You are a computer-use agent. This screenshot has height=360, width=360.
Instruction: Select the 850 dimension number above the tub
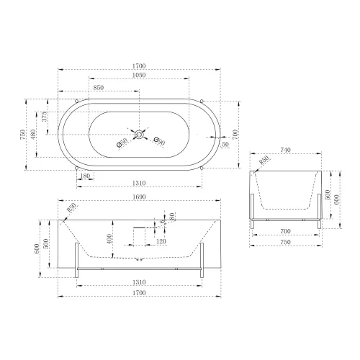point(99,89)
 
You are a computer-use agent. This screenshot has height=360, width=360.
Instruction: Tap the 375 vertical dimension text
point(45,117)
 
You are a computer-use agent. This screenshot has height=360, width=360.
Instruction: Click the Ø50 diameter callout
point(122,144)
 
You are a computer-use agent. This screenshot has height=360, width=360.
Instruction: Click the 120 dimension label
point(162,243)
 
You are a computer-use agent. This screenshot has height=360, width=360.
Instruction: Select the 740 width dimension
point(285,150)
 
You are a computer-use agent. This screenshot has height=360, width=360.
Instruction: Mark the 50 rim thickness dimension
point(226,145)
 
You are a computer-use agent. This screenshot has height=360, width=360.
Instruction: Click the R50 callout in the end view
point(264,159)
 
